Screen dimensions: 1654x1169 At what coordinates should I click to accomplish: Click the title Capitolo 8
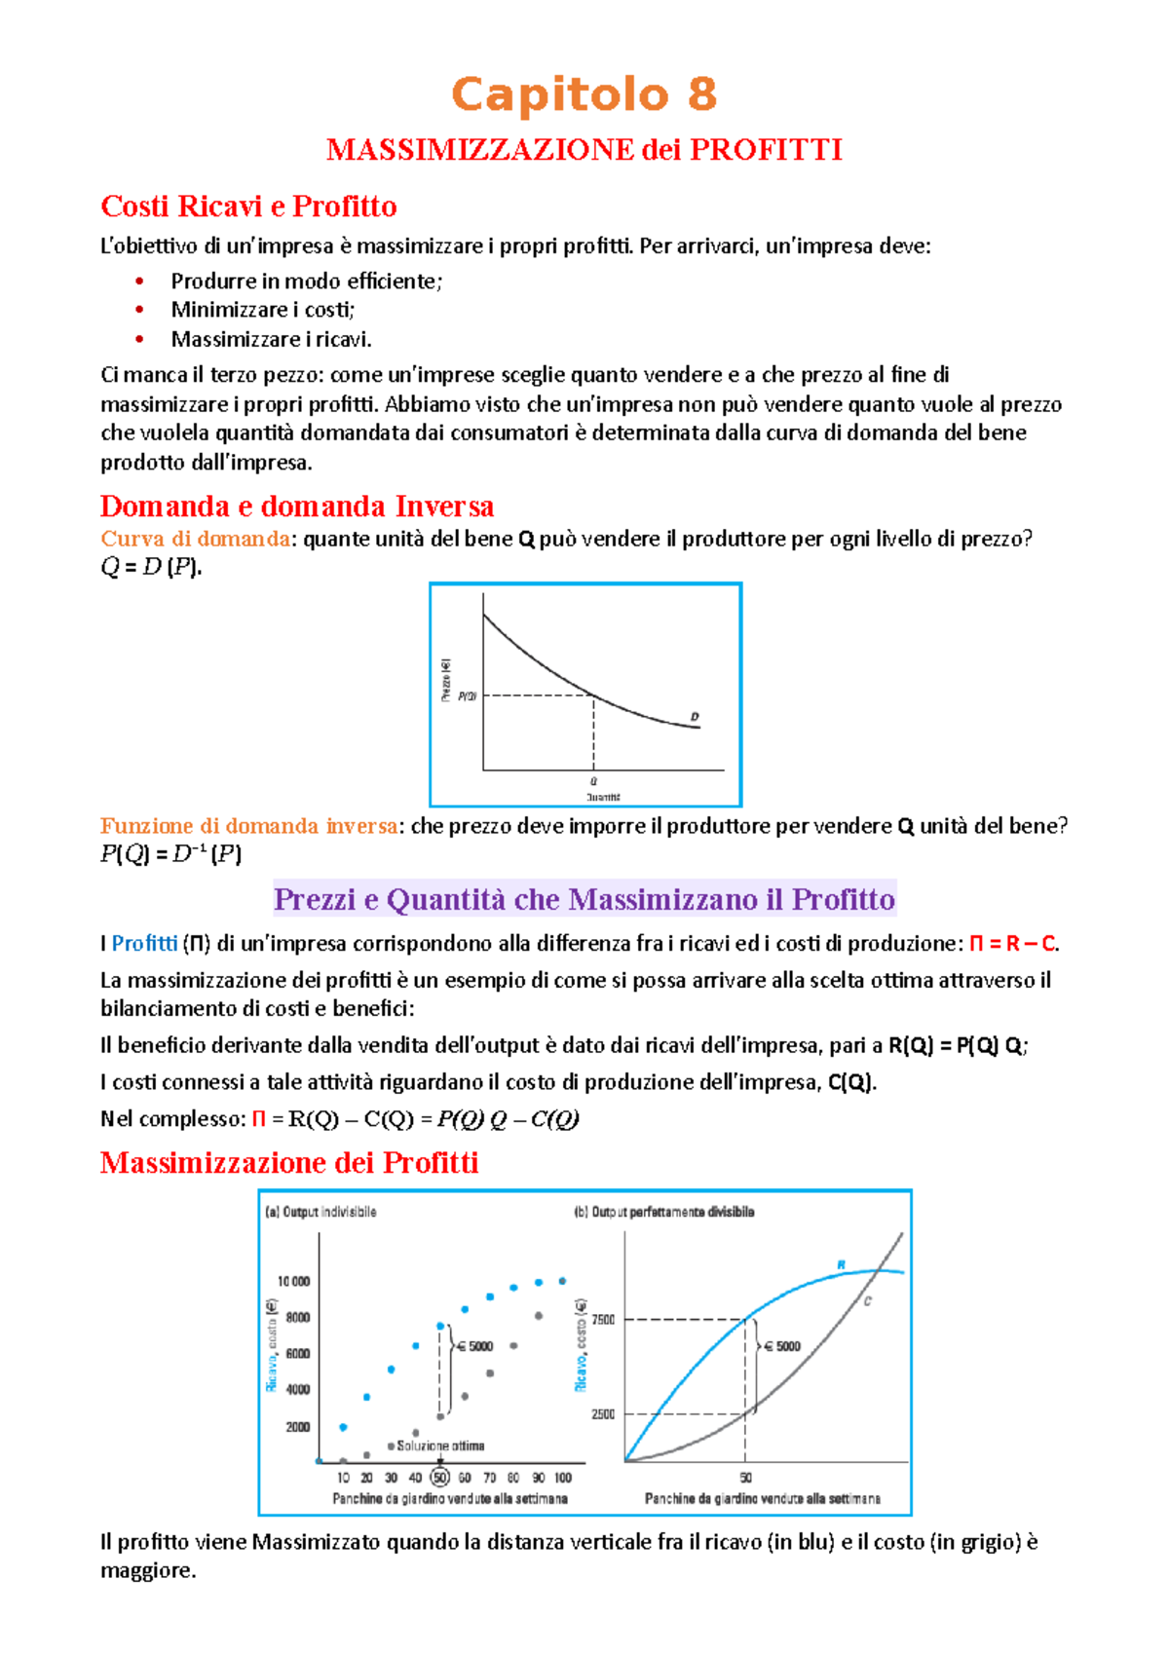pos(584,95)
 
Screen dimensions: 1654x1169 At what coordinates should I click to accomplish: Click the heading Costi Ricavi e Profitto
pos(248,207)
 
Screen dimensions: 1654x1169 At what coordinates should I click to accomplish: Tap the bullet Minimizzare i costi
pos(262,310)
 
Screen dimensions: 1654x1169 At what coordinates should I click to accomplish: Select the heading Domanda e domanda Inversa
pos(296,507)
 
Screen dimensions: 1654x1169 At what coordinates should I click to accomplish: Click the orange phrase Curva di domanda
pos(195,539)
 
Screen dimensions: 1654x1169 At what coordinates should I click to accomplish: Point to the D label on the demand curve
pos(695,717)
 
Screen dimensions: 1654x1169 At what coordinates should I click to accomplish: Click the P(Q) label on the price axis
pos(467,696)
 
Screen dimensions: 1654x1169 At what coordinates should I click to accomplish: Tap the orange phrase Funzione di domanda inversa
pos(248,826)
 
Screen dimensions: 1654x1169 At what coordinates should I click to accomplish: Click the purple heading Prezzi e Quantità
pos(584,899)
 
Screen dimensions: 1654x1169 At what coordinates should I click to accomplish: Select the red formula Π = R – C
pos(1012,944)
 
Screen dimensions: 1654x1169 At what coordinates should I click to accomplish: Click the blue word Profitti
pos(144,944)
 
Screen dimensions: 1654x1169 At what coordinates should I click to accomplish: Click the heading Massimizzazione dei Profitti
pos(289,1163)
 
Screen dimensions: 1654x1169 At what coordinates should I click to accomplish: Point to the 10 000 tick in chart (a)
pos(293,1282)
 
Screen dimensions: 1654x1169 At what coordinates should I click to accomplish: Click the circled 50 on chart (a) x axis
pos(440,1478)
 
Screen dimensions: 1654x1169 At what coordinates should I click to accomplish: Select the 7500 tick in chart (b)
pos(603,1320)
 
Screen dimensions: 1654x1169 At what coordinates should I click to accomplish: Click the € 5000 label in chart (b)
pos(782,1347)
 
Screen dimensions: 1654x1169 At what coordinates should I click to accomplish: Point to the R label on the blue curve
pos(842,1265)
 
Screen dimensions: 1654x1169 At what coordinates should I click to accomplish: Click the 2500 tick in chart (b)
pos(603,1414)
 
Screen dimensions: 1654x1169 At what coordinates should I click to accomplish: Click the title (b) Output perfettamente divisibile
pos(664,1213)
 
